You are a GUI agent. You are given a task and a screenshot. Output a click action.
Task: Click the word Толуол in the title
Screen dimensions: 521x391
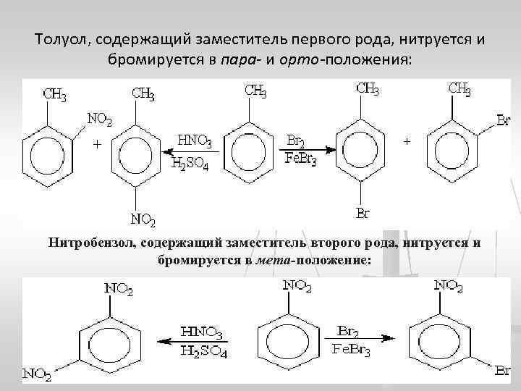(60, 38)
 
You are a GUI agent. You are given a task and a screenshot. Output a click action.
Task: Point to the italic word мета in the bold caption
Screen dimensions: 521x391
(273, 258)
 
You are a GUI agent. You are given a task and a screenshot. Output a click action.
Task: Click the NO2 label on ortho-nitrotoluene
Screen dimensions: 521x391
(99, 119)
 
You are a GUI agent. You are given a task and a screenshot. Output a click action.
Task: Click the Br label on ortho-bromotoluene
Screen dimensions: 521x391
(504, 119)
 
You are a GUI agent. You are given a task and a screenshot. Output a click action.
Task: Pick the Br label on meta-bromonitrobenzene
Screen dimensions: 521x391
(504, 371)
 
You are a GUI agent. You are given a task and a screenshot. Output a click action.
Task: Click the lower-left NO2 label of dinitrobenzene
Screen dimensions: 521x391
(35, 374)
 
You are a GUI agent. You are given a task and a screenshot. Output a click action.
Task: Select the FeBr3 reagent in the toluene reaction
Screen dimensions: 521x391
(298, 159)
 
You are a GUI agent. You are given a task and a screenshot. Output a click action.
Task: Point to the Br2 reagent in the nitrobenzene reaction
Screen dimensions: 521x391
(350, 332)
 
